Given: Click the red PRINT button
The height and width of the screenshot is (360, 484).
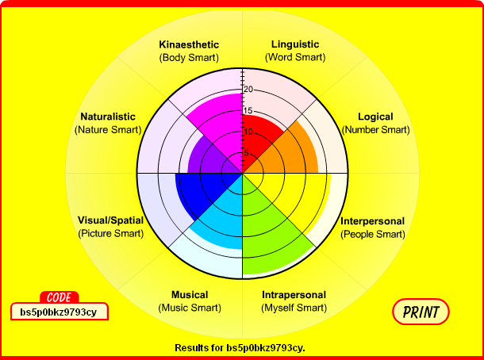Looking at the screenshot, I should (421, 312).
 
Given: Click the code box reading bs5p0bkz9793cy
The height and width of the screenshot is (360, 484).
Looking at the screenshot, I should (59, 312).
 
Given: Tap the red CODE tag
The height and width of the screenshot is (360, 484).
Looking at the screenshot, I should (60, 297).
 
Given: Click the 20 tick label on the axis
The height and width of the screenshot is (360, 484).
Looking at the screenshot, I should (248, 90).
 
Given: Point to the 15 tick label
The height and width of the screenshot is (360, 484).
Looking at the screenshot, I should (248, 111).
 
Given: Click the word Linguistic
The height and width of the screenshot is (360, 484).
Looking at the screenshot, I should (295, 44).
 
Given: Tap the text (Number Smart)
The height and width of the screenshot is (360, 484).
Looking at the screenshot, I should (375, 129).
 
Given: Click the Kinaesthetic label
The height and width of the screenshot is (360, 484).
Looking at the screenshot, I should (189, 44).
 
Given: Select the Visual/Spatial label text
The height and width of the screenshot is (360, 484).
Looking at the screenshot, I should (111, 220).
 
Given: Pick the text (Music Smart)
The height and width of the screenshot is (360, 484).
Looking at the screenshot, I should (190, 308).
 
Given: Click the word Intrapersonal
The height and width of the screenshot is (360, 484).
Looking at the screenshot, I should (294, 295).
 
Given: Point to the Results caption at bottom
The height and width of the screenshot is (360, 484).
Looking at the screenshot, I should (240, 347).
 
